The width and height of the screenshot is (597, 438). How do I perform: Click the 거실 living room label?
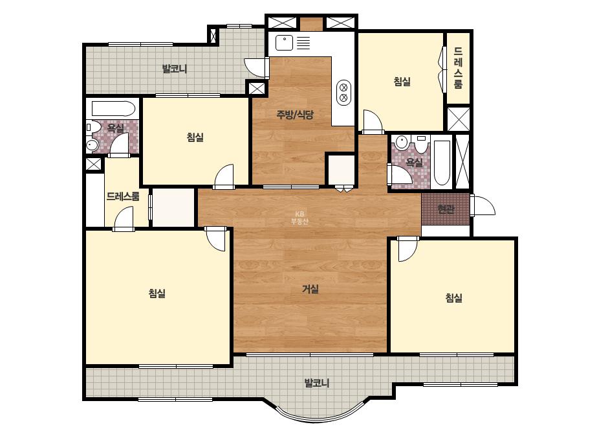point(310,289)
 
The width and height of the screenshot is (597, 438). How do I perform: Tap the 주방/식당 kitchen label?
point(295,115)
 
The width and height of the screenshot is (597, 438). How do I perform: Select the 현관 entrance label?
point(446,209)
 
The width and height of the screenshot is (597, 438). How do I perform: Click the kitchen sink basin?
point(283,43)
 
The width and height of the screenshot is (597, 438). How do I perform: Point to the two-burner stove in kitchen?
point(343,93)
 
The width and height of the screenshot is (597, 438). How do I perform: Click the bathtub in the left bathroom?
point(113,109)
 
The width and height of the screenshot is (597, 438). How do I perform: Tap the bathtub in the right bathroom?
point(442,163)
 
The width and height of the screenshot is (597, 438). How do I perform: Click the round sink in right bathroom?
point(400,143)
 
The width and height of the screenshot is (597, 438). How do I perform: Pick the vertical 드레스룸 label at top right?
point(458,67)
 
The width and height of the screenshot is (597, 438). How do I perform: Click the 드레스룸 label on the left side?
point(123,197)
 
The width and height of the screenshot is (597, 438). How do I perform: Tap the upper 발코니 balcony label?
point(175,69)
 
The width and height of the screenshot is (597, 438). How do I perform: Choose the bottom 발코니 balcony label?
point(317,383)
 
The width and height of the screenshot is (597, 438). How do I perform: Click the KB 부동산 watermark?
point(299,218)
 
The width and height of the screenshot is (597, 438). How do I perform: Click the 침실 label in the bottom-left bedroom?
point(157,294)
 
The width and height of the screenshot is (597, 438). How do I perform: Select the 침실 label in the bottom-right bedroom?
point(454,297)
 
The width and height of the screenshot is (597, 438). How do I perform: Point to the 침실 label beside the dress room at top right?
point(402,82)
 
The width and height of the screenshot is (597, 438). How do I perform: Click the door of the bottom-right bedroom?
point(407,249)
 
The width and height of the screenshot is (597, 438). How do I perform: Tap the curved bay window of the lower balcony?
point(317,419)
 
